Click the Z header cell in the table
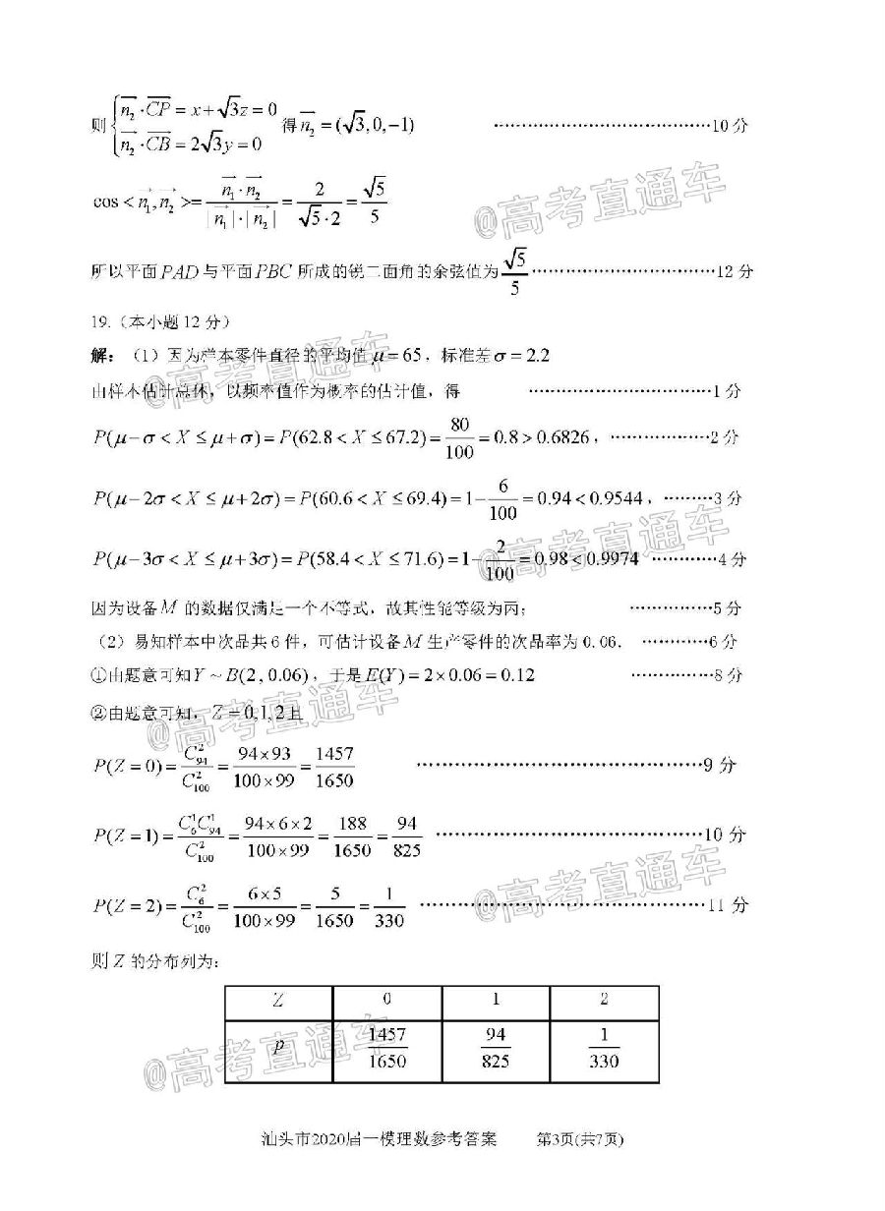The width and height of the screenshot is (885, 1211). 279,1000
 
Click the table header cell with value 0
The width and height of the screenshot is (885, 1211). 387,1000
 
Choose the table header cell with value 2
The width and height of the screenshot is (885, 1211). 604,1000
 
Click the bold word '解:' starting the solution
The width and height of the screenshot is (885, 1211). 101,356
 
